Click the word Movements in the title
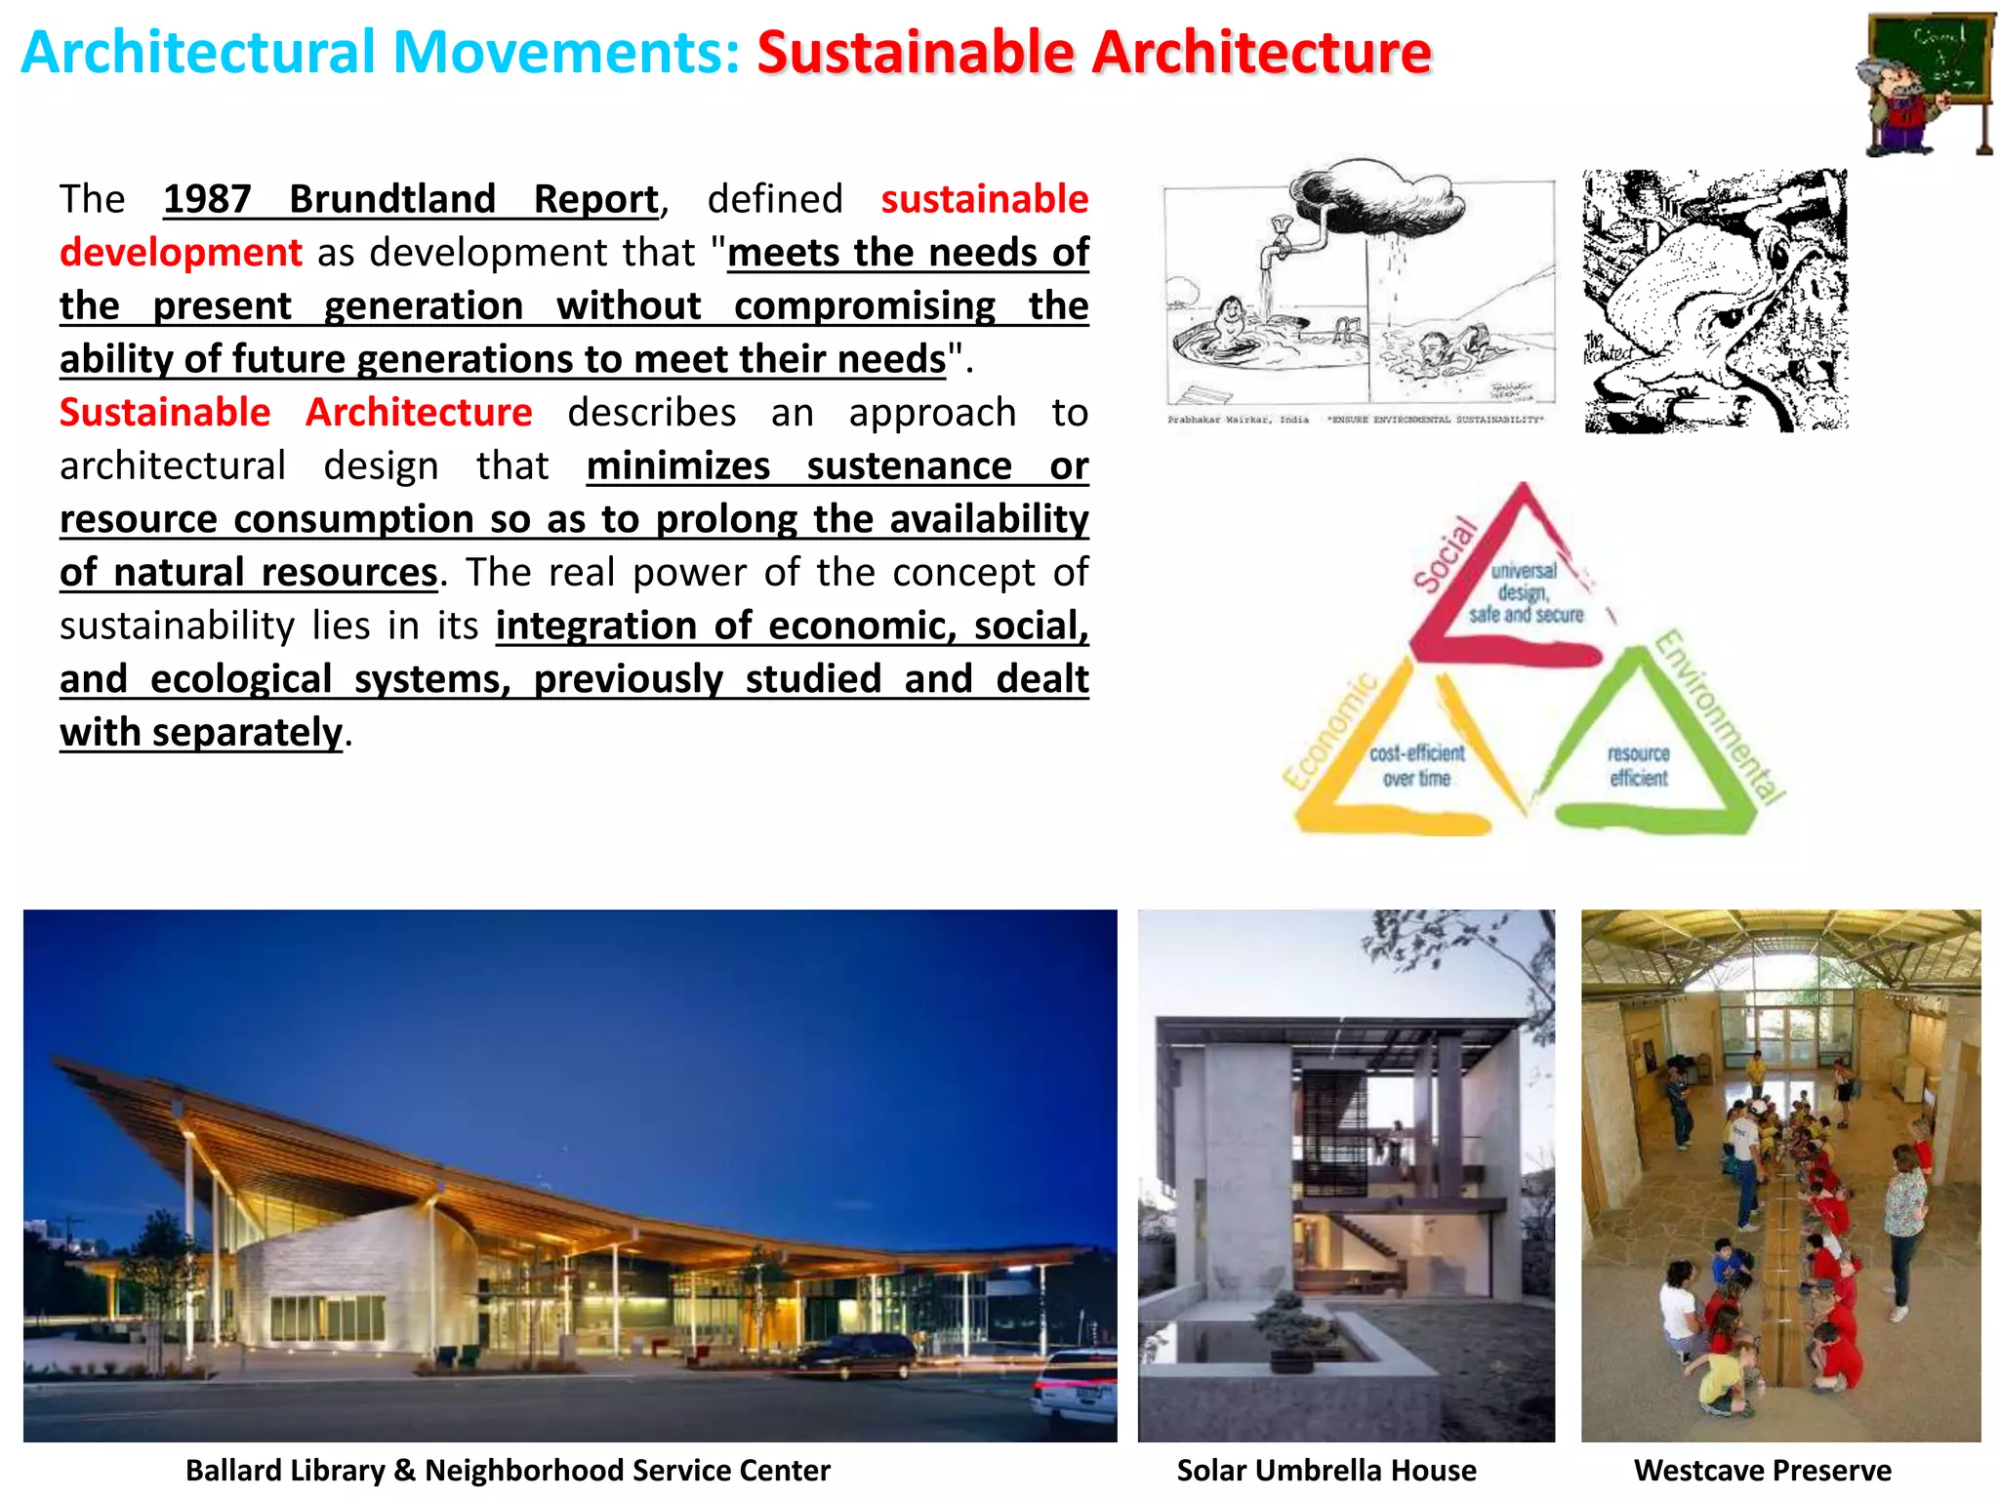(566, 53)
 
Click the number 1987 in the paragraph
(207, 199)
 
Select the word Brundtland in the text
(392, 199)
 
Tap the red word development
(181, 253)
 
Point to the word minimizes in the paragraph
(678, 466)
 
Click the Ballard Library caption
(508, 1471)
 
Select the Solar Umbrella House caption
(1326, 1471)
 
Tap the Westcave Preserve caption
(1762, 1471)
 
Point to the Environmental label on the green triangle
(1720, 717)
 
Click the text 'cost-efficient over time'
(1416, 766)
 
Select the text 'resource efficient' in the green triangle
(1639, 766)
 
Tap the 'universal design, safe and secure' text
(1525, 592)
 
